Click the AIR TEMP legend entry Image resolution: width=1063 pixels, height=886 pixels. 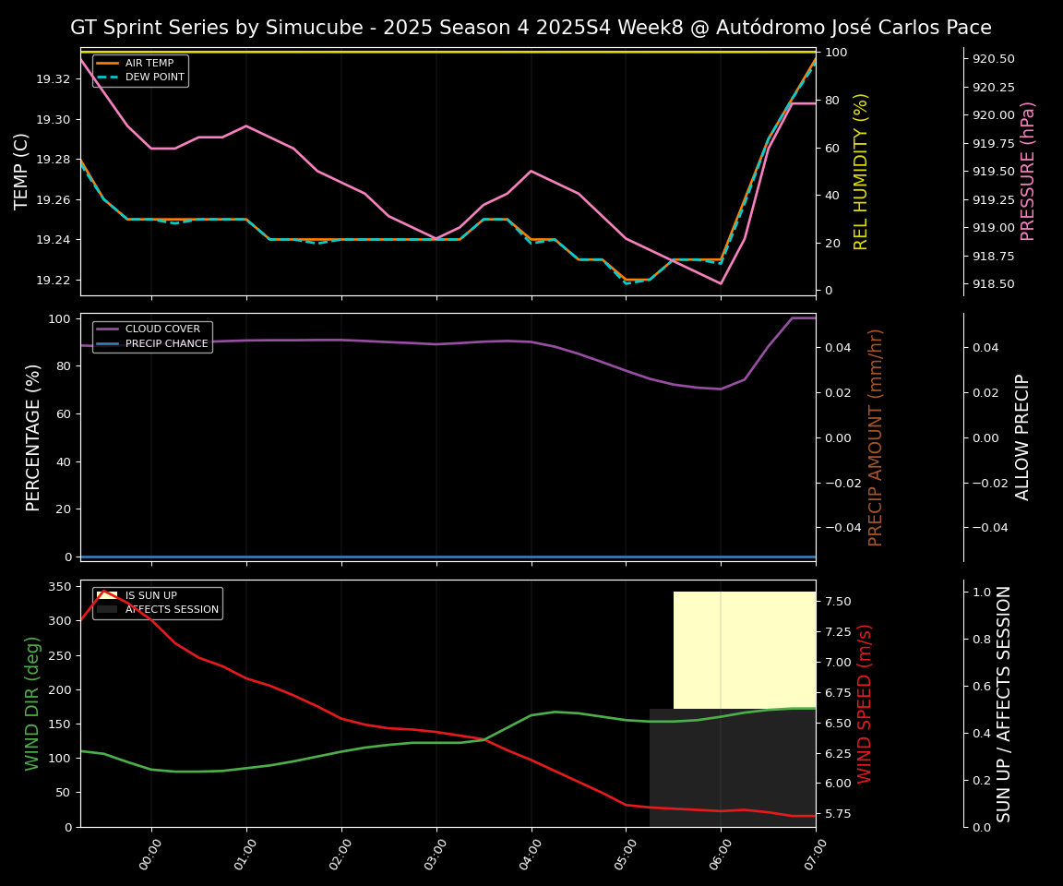(149, 63)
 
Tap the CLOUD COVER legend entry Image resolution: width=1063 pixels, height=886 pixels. (162, 329)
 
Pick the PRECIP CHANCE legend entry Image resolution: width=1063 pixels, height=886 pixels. (166, 343)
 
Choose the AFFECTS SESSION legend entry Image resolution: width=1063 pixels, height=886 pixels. (172, 609)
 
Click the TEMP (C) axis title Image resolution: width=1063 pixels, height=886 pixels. (21, 171)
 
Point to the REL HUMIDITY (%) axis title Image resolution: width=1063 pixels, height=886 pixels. (861, 171)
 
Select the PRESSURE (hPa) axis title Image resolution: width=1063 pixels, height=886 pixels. (1028, 171)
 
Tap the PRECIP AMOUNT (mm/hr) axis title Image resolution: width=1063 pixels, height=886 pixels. (876, 437)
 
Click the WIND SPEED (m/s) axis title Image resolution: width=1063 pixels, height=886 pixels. (865, 703)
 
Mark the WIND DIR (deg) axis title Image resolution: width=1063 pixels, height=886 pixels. (33, 703)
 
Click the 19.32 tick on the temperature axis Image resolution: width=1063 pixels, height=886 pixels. (52, 79)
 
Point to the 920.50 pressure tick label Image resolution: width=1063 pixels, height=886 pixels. (994, 59)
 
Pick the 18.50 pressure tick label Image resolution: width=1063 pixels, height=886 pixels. (994, 284)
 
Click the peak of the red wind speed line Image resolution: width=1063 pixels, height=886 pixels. (103, 591)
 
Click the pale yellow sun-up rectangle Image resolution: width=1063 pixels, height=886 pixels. (744, 650)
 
